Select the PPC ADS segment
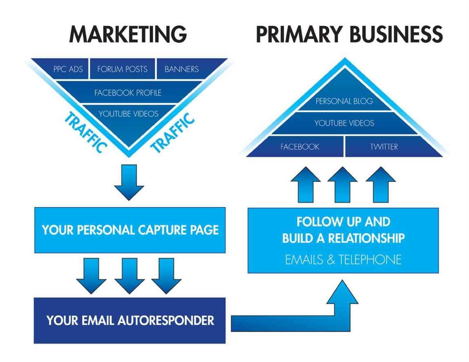[68, 69]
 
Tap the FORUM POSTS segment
[122, 69]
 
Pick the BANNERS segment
[181, 69]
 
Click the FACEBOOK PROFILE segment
[128, 93]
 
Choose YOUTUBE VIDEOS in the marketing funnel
[128, 114]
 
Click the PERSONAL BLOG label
[344, 102]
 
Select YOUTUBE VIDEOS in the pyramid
[344, 123]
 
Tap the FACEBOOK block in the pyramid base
[300, 147]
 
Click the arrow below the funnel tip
[129, 181]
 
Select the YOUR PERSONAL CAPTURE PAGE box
[130, 230]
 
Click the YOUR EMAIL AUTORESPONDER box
[130, 320]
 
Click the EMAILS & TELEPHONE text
[343, 259]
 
